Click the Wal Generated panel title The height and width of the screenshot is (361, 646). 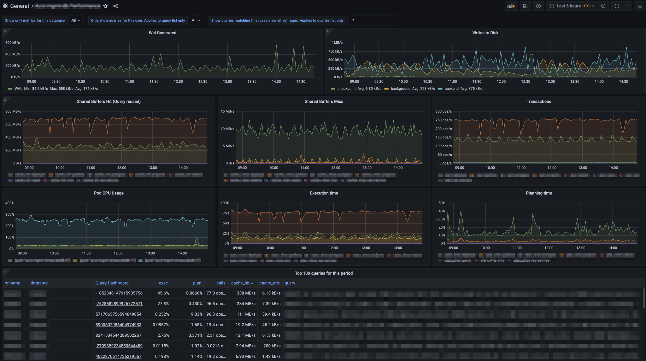162,33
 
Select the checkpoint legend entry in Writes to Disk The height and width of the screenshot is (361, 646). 346,89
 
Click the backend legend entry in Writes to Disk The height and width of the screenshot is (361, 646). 451,89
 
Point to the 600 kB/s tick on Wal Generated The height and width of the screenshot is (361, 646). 13,43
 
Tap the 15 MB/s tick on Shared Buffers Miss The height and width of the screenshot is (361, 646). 227,111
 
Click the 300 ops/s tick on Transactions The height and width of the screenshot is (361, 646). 443,111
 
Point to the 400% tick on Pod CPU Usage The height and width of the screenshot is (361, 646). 10,203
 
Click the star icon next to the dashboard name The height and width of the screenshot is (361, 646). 105,6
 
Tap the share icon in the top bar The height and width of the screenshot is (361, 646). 115,6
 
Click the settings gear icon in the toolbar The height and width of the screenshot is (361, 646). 538,6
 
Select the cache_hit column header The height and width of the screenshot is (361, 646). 242,283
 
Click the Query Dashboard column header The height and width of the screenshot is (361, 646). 112,283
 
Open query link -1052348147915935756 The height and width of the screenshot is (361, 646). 119,293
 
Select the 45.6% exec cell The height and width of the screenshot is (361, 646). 163,293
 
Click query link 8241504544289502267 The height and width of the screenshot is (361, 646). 118,335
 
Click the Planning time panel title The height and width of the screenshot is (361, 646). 539,193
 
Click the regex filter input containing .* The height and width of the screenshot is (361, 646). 373,20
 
